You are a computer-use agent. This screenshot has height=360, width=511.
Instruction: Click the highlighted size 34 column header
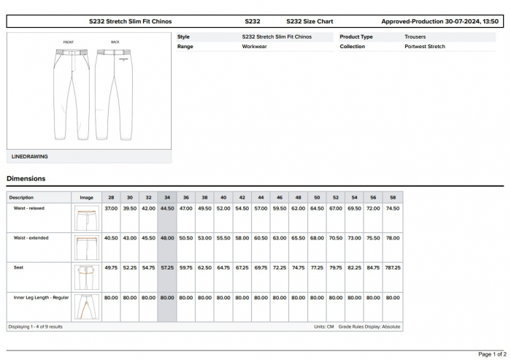pos(167,197)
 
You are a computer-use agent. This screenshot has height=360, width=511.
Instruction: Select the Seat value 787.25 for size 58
pos(392,268)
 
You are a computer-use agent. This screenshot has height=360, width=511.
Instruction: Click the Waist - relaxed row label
pos(29,208)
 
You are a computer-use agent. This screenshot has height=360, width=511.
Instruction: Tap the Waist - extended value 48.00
pos(167,238)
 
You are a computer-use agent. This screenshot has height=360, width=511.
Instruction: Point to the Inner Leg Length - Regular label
pos(42,297)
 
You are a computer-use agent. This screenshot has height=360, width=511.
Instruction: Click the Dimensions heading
pos(26,178)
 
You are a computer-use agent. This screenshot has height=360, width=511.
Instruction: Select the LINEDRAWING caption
pos(30,156)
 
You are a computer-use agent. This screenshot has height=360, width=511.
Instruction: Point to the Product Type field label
pos(356,37)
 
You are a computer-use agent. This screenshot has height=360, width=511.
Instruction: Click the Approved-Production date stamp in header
pos(439,22)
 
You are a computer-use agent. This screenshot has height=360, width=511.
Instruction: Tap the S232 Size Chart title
pos(310,22)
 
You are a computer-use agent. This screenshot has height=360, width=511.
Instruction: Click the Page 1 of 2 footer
pos(493,353)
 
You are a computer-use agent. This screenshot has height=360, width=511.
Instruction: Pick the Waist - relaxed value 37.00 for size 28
pos(111,208)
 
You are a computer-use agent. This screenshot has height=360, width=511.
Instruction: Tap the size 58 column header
pos(392,197)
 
